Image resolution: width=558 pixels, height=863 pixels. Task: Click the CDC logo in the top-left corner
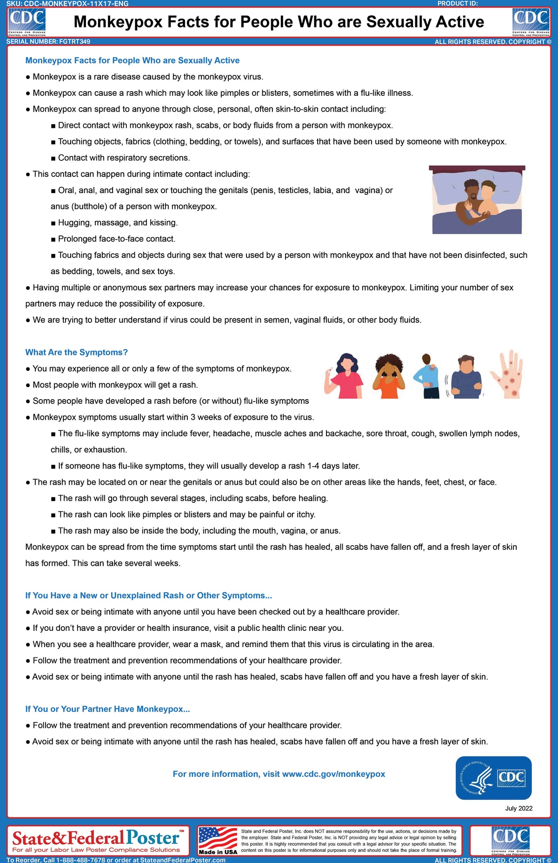click(27, 22)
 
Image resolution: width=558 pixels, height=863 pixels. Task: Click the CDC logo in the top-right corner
click(531, 22)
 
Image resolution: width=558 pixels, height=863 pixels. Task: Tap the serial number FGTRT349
click(74, 41)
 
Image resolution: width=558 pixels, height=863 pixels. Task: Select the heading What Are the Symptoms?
click(76, 352)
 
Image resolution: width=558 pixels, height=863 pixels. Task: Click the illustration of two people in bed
click(477, 200)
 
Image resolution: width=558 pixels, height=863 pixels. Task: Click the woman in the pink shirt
click(345, 376)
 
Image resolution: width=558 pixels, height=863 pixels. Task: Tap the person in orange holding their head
click(389, 376)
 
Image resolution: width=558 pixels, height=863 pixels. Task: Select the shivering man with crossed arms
click(466, 377)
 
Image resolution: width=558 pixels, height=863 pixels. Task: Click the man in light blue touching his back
click(428, 376)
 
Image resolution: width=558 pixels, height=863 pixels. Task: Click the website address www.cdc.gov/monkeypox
click(333, 774)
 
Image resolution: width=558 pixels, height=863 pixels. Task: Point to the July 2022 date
click(518, 808)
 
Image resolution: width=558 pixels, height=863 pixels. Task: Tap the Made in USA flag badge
click(218, 841)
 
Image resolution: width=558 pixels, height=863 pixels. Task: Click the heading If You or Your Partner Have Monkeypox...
click(107, 709)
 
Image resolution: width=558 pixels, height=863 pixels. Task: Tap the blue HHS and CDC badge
click(493, 778)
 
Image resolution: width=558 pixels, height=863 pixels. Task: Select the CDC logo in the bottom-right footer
click(510, 840)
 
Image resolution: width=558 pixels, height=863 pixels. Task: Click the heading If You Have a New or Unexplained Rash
click(148, 595)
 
